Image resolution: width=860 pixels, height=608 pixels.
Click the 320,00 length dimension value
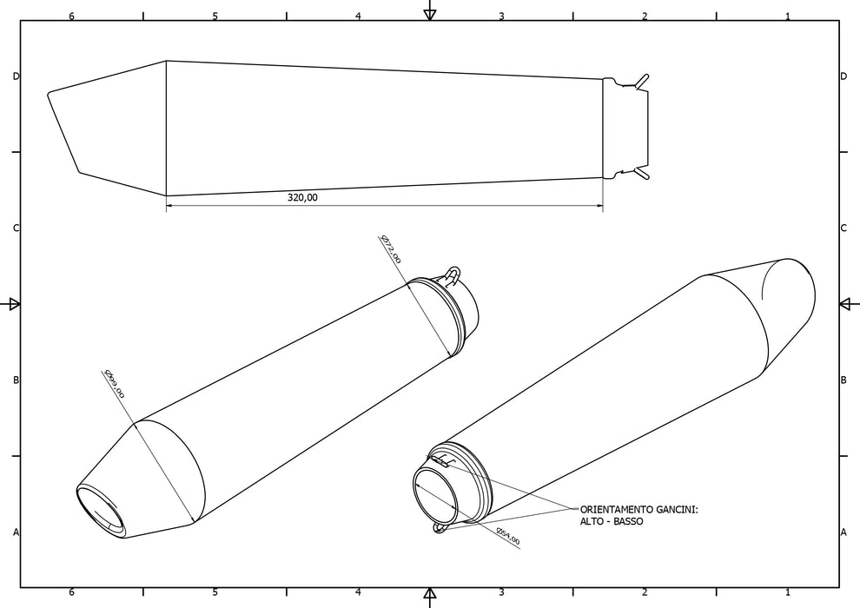(x=302, y=198)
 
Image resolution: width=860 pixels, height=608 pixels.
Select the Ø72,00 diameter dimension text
(x=391, y=248)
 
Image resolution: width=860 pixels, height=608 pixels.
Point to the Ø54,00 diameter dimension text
(x=507, y=536)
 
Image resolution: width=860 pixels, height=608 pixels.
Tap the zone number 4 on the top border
(x=358, y=16)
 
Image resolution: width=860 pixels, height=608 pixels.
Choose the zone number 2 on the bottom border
(x=644, y=592)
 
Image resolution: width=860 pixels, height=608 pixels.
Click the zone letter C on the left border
(x=16, y=228)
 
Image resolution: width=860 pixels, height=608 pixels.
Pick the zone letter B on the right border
(x=843, y=380)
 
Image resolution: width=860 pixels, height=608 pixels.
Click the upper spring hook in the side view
(x=641, y=81)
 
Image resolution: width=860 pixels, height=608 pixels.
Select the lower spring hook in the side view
(x=641, y=175)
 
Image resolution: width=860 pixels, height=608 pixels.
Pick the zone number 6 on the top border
(x=71, y=16)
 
